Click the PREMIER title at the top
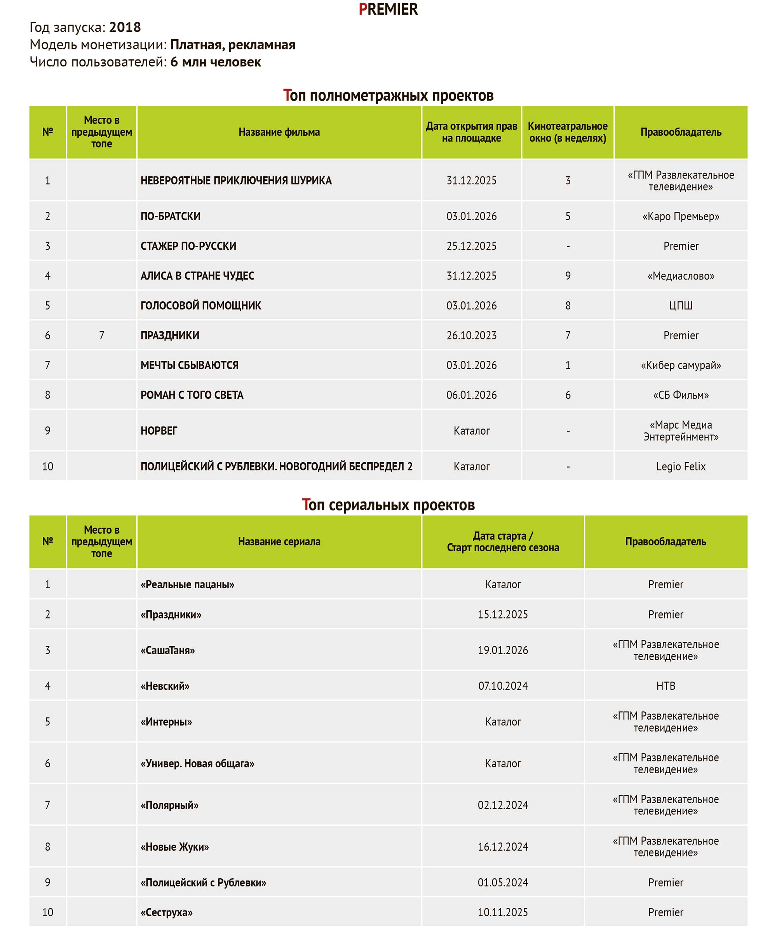388,9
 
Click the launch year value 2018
125,28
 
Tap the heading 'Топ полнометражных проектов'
388,95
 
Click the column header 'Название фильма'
279,132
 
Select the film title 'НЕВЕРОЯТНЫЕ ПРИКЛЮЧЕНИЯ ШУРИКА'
236,181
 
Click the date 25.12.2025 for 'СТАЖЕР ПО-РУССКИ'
471,246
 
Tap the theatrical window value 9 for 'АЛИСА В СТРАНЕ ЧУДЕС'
568,276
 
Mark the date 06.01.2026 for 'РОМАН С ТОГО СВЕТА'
471,395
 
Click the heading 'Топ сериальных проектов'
388,505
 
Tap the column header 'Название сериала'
279,542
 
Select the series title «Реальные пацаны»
187,585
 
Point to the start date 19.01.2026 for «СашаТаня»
503,650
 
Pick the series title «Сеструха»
166,912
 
